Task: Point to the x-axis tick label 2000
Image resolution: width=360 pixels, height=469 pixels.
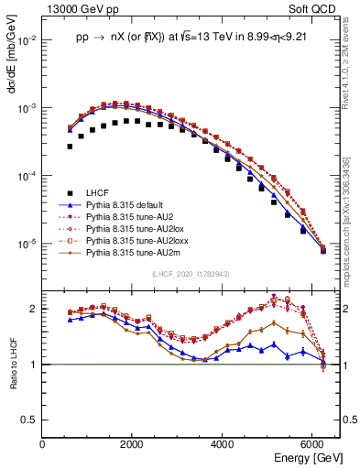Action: (133, 444)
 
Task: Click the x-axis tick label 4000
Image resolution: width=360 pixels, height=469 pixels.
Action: (223, 444)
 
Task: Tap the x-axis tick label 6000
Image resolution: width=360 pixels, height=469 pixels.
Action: (312, 444)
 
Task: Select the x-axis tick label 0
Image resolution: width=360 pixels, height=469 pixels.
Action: (42, 444)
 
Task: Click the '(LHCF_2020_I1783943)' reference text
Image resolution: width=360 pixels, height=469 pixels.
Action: (191, 274)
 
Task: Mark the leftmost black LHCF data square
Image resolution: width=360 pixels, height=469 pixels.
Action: (70, 146)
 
